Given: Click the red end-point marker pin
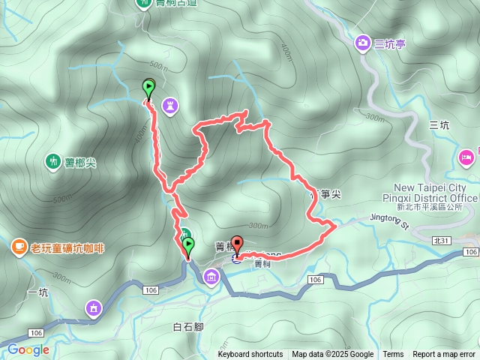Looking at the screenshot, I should pos(237,244).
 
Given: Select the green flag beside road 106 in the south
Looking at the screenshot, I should pos(187,247).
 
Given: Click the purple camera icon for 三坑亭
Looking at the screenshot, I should pos(362,43).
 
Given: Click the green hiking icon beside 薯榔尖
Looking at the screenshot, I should pos(52,160).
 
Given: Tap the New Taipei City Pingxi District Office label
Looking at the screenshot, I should pos(435,192).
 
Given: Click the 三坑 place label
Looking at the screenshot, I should pos(439,125).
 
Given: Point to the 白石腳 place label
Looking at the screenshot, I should pos(188,327).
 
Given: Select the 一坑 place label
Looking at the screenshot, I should pos(37,293).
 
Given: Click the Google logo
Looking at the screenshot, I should pos(28,349).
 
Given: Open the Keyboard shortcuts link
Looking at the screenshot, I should pos(250,355).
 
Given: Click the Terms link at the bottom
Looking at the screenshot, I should pos(393,355).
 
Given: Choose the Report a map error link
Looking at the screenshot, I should pos(444,355).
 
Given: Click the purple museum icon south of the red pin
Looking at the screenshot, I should pos(211,279).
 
